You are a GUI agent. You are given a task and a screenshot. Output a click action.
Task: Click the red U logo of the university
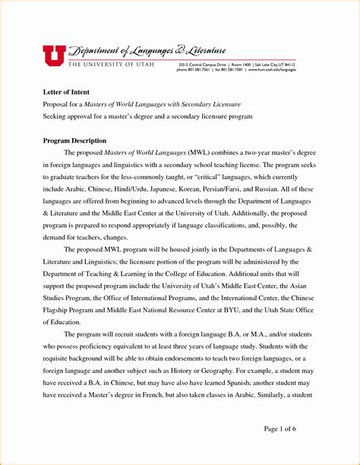[x=53, y=55]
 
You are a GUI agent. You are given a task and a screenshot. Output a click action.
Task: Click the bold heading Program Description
[x=74, y=141]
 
